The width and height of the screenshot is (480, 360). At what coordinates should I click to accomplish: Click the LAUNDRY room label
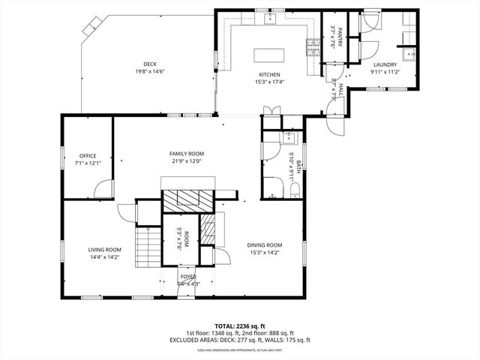[385, 64]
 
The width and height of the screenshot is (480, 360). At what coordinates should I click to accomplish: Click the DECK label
[150, 64]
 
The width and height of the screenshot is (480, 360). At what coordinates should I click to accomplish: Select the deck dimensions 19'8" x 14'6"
[150, 72]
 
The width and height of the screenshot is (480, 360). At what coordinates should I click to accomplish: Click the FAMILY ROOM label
[187, 154]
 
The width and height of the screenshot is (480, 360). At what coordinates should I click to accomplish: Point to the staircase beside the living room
[146, 247]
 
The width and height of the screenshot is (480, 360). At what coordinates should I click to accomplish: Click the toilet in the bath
[294, 189]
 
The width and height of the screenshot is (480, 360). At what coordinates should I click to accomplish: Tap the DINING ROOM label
[265, 245]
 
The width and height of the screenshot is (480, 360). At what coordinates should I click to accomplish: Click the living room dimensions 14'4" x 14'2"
[103, 258]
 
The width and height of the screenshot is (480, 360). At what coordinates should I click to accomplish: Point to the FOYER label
[187, 277]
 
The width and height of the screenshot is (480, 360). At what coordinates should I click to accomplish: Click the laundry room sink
[409, 54]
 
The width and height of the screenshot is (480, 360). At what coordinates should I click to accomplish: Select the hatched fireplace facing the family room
[187, 199]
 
